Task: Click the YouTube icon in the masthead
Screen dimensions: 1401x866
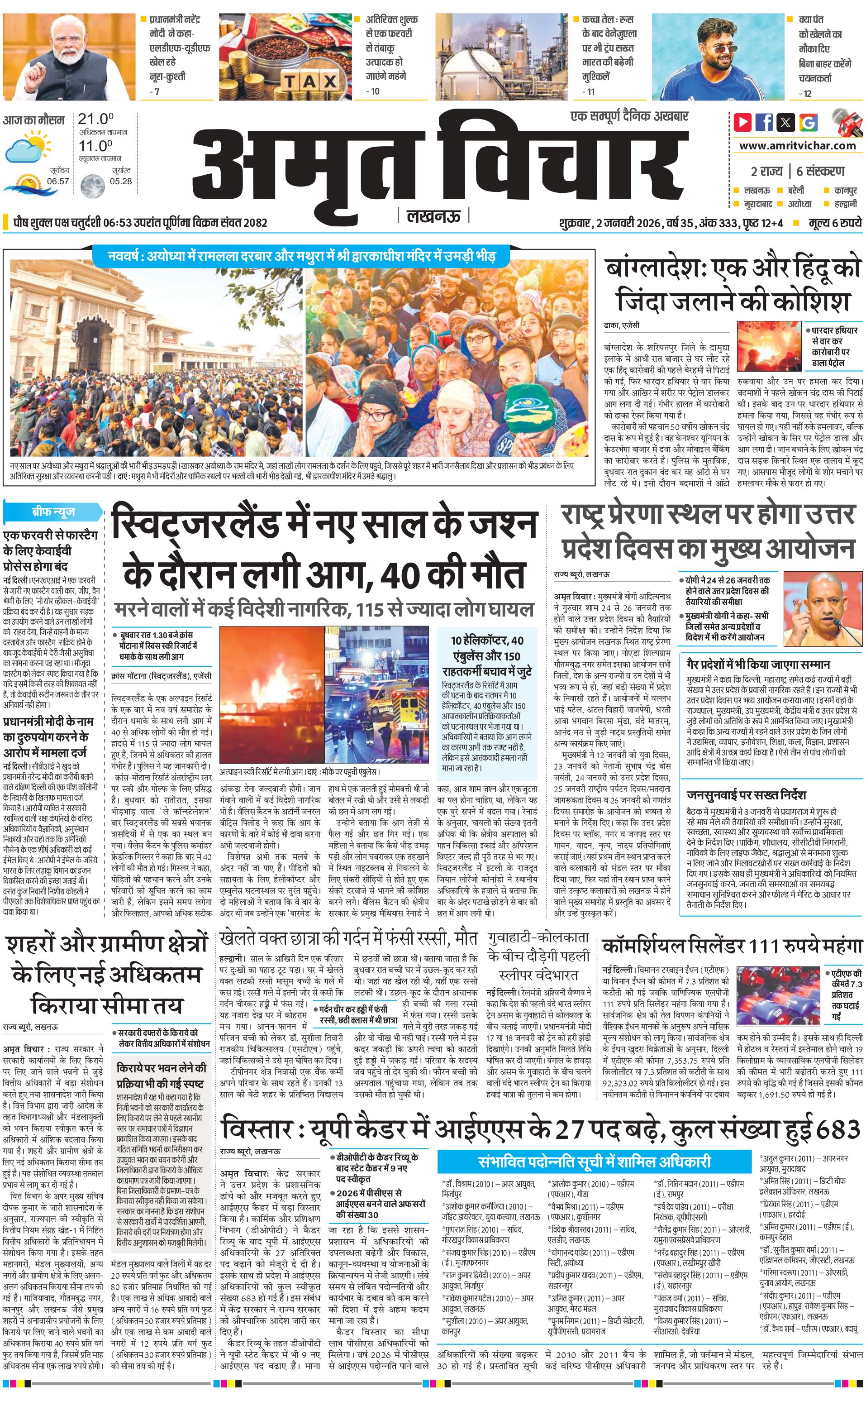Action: click(x=743, y=122)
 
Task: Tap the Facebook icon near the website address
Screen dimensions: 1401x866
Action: click(x=765, y=122)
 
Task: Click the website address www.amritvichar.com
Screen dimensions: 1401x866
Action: click(x=797, y=146)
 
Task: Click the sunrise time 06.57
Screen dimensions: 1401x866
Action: click(x=58, y=181)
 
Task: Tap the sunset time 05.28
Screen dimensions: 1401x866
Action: click(x=120, y=181)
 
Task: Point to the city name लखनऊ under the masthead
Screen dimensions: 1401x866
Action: click(x=433, y=216)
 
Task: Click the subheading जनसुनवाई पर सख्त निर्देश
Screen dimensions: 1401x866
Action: click(x=746, y=795)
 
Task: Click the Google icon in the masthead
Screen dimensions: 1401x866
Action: click(x=809, y=122)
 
